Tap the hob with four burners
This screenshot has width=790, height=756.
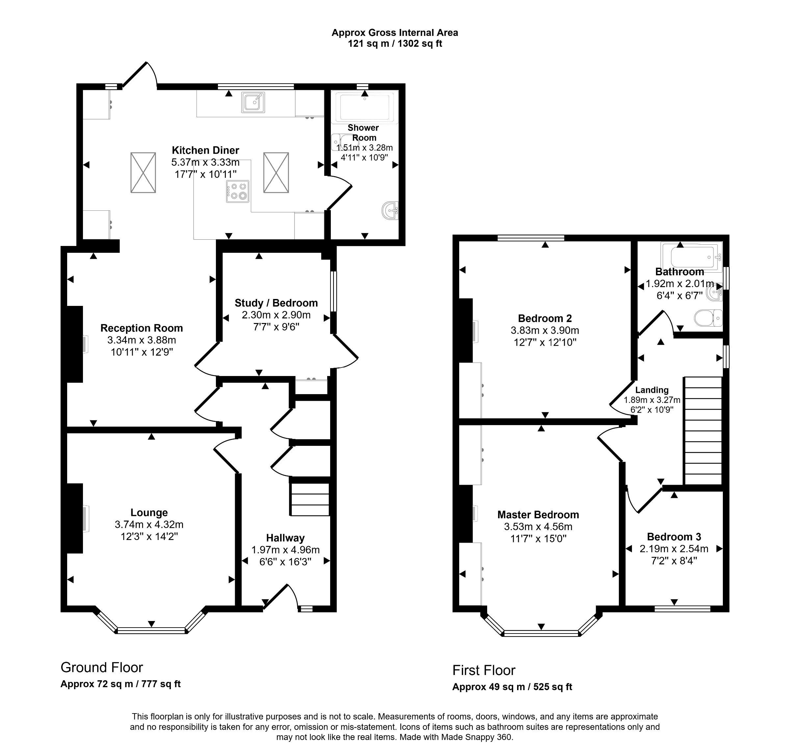point(237,191)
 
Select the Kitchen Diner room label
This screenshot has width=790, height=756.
point(205,150)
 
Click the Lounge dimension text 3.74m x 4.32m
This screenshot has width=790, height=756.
point(149,524)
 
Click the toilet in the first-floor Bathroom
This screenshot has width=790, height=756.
point(708,318)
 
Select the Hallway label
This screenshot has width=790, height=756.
point(285,538)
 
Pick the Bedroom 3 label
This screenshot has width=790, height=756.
point(673,536)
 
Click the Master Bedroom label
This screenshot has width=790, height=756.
point(538,514)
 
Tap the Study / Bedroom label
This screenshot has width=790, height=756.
point(276,303)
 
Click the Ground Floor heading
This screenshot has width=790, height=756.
point(101,667)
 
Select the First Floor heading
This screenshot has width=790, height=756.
point(484,670)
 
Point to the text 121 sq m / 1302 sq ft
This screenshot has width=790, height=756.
point(394,43)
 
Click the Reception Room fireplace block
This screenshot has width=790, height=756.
point(74,344)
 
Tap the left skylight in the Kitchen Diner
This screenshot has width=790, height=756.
point(143,173)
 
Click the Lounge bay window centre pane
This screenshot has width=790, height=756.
point(151,630)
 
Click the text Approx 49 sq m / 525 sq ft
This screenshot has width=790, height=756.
point(512,687)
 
